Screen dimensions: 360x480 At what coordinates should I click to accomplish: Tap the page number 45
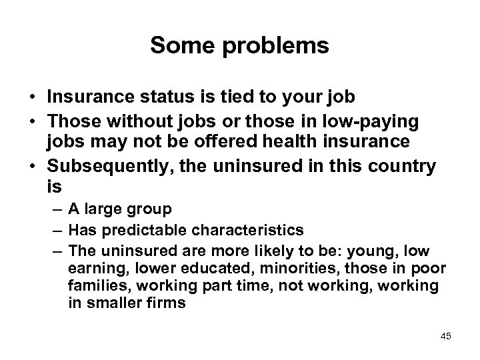[x=445, y=336]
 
